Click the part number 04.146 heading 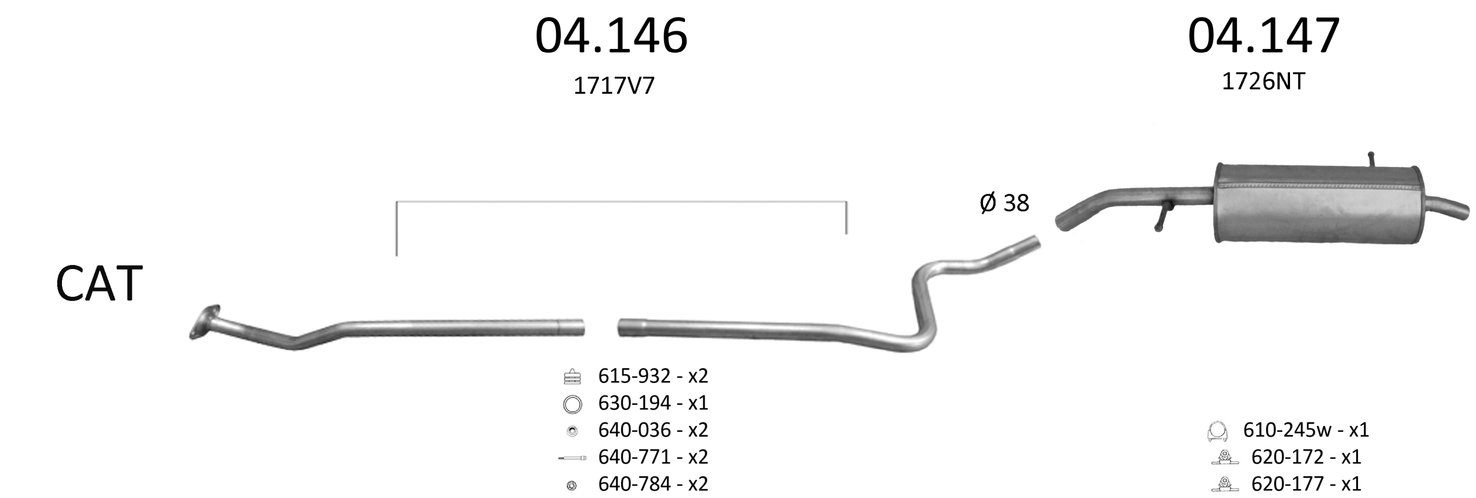[x=611, y=36]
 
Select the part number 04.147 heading [x=1263, y=36]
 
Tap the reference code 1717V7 [x=614, y=86]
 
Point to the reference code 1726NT [x=1263, y=81]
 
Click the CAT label [x=99, y=284]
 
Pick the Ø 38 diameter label [x=1004, y=203]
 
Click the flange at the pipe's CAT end [x=204, y=322]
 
